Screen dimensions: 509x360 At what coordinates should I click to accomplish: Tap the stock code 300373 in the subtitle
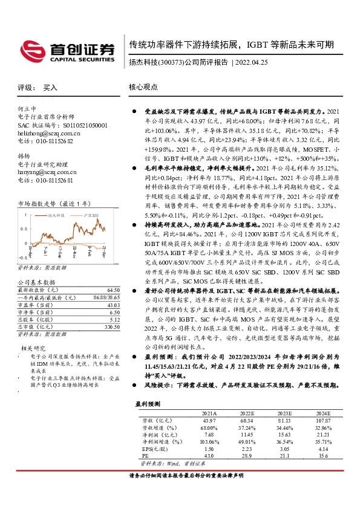click(x=171, y=62)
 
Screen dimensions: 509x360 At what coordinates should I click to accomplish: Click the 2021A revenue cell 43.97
click(x=208, y=420)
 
